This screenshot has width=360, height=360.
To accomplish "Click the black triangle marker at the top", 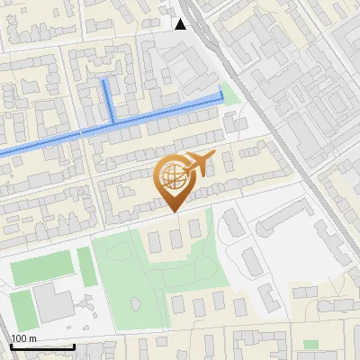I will pos(181,23).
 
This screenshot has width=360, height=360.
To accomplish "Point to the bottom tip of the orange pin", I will pos(172,211).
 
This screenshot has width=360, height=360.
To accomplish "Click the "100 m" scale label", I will pos(24,337).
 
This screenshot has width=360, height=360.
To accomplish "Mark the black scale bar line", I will pos(42,346).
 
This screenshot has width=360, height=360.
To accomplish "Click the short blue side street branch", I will pos(108,99).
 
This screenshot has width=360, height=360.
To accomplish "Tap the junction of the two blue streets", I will pos(112,121).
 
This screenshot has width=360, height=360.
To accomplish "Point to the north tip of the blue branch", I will pos(105,80).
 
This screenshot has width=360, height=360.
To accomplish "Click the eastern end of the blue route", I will pos(221,94).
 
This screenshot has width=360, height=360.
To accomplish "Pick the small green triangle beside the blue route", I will pos(230,93).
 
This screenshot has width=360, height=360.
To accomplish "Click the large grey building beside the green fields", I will pos(54,304).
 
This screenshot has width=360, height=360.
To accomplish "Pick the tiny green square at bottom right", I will pos(310,345).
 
